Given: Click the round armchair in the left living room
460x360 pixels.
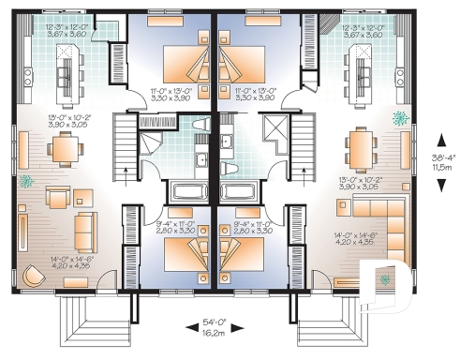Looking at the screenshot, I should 35,275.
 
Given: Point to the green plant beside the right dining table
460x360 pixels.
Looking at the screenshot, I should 400,119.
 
